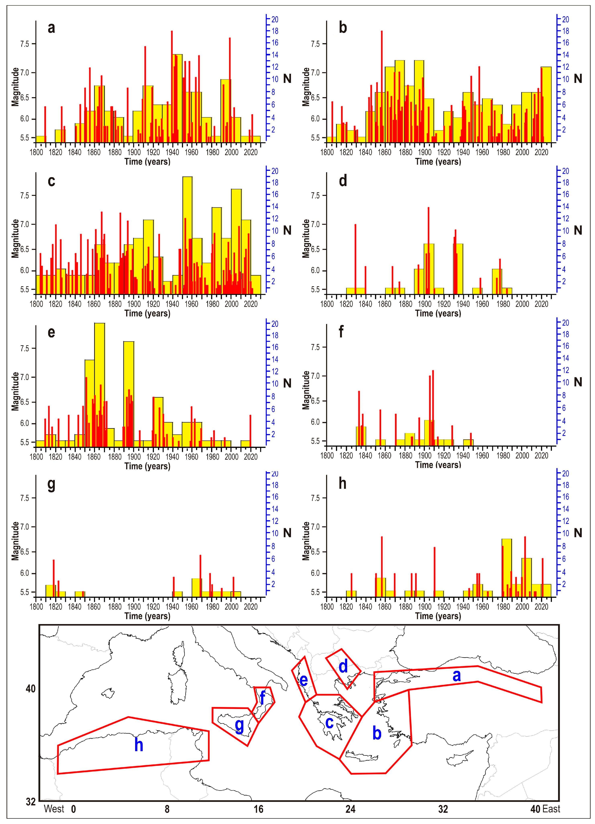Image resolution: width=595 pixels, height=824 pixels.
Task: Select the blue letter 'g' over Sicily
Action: pos(239,725)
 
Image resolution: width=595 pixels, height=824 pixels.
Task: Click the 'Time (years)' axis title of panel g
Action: pos(147,616)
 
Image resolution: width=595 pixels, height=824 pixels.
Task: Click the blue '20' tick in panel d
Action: pos(565,171)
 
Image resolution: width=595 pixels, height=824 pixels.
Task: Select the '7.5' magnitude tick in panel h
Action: pos(315,498)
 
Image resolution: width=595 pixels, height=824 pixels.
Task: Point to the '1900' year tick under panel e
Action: pos(134,457)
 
